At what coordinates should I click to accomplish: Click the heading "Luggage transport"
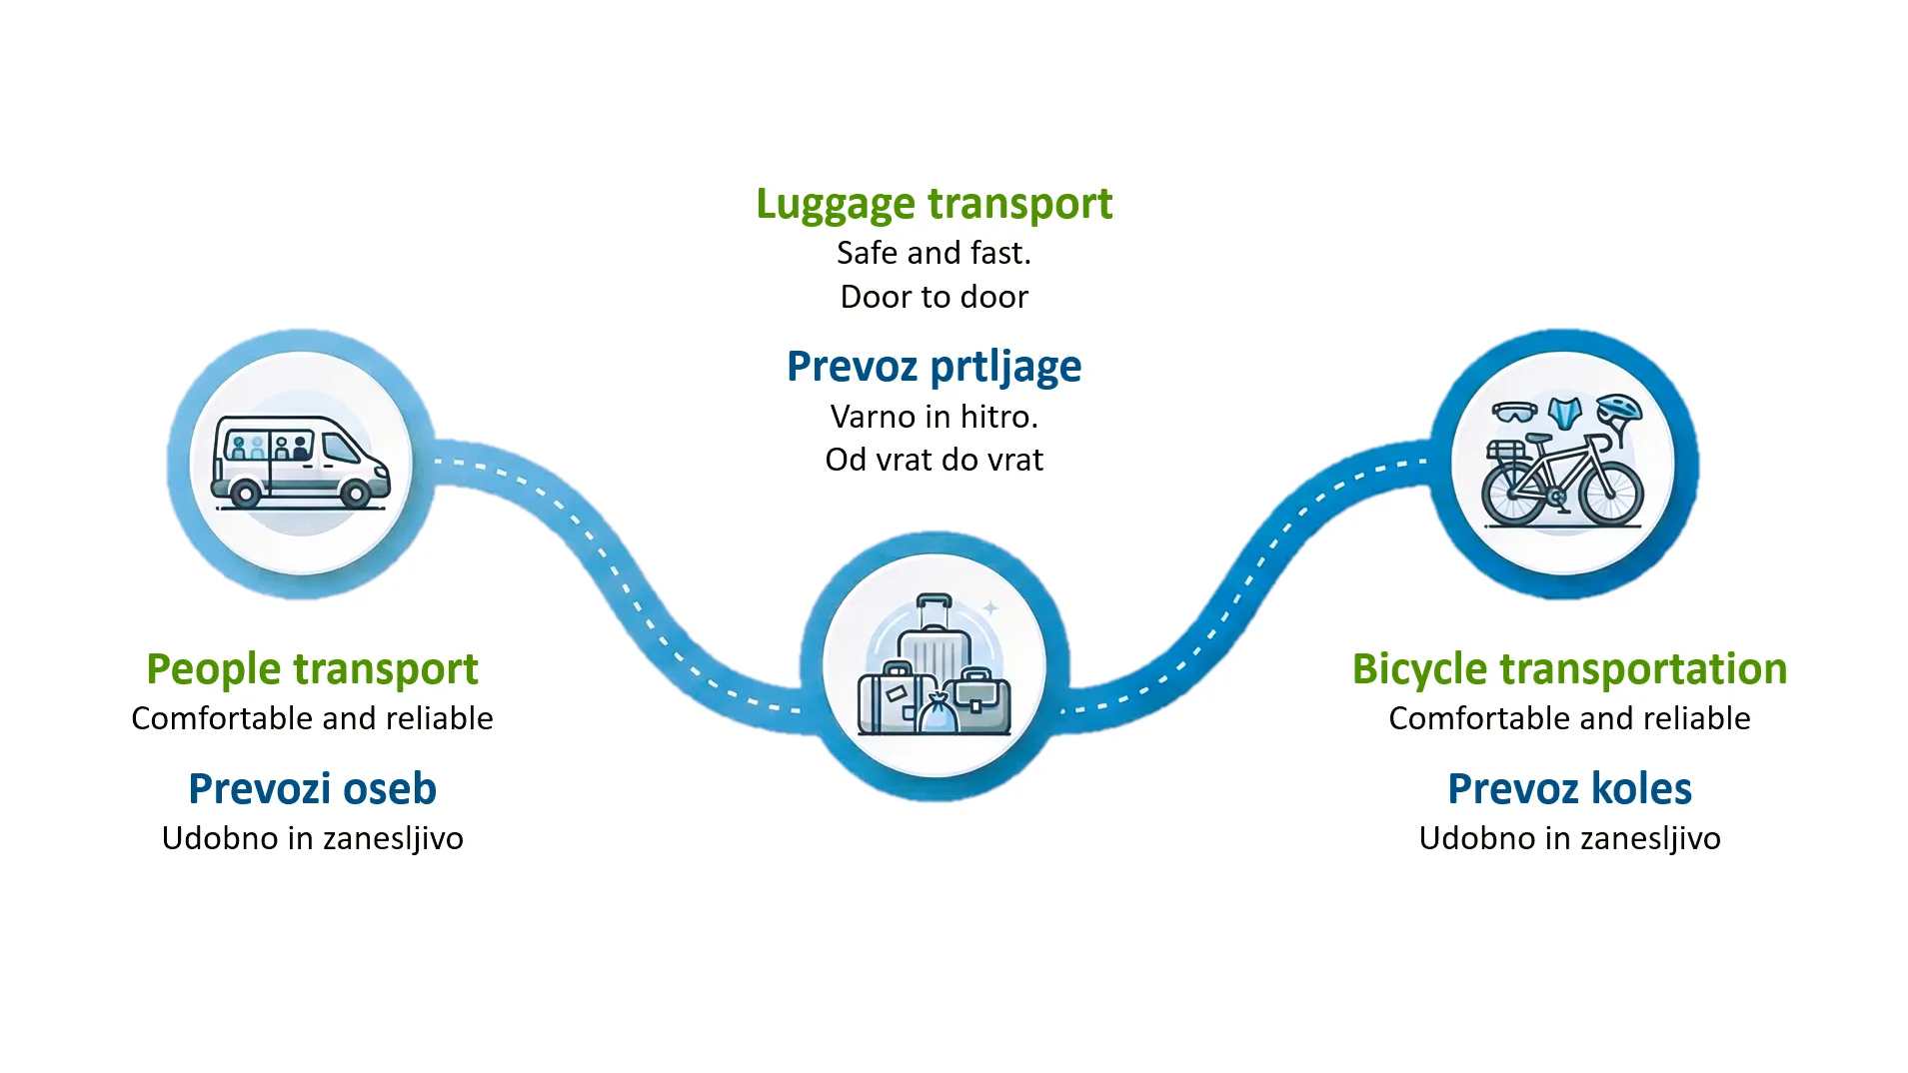pyautogui.click(x=934, y=204)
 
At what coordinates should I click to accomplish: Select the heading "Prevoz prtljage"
pyautogui.click(x=934, y=367)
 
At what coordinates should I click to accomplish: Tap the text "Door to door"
pyautogui.click(x=934, y=297)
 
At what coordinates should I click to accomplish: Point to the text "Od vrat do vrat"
pyautogui.click(x=934, y=460)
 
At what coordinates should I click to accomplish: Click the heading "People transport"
pyautogui.click(x=312, y=668)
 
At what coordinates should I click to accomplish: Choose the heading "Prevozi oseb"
pyautogui.click(x=312, y=788)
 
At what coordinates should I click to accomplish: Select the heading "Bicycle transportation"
pyautogui.click(x=1569, y=668)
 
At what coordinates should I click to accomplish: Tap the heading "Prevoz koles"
pyautogui.click(x=1569, y=788)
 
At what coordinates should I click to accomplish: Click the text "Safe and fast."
pyautogui.click(x=934, y=253)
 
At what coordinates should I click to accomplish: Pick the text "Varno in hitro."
pyautogui.click(x=934, y=416)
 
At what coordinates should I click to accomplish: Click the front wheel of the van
pyautogui.click(x=356, y=493)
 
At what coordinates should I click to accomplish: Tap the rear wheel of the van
pyautogui.click(x=245, y=493)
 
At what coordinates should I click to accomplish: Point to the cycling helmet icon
pyautogui.click(x=1619, y=410)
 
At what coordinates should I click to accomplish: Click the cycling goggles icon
pyautogui.click(x=1514, y=412)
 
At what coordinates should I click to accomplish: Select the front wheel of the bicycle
pyautogui.click(x=1611, y=494)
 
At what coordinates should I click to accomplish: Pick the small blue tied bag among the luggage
pyautogui.click(x=938, y=714)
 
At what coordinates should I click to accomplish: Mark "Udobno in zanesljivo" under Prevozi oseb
pyautogui.click(x=312, y=838)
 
